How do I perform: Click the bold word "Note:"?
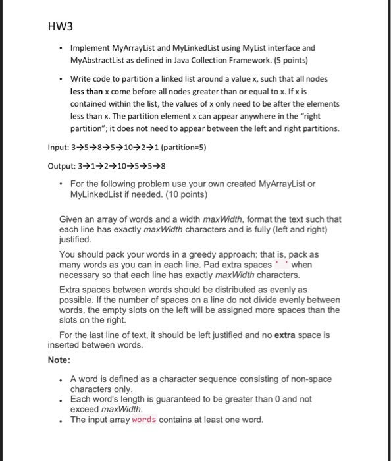click(60, 360)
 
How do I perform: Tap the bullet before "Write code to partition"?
click(60, 79)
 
